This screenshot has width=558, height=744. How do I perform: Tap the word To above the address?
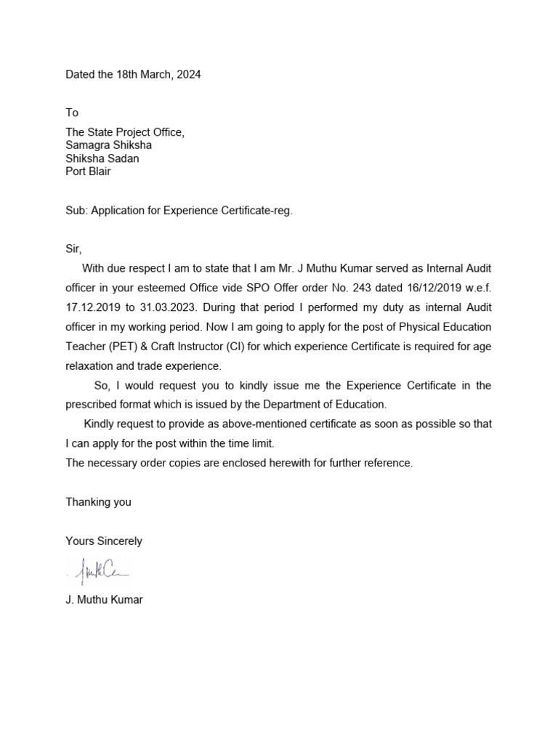point(72,113)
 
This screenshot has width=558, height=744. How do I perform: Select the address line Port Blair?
point(88,172)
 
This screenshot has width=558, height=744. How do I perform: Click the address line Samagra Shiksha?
point(108,145)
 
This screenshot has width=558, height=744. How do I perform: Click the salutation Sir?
point(74,249)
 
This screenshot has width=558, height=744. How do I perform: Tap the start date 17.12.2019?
point(94,307)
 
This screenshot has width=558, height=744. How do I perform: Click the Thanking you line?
point(98,502)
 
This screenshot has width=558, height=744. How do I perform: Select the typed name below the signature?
point(104,600)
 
